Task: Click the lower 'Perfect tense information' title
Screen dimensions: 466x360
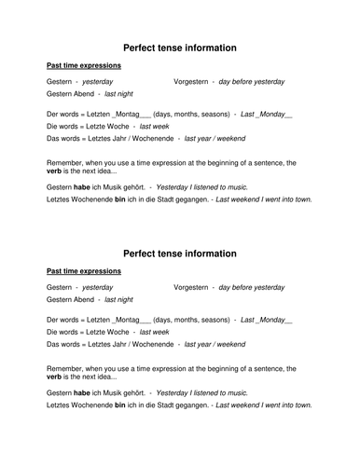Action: click(179, 254)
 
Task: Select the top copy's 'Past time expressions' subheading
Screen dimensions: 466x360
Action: click(83, 66)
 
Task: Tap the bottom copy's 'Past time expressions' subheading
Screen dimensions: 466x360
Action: click(83, 273)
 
